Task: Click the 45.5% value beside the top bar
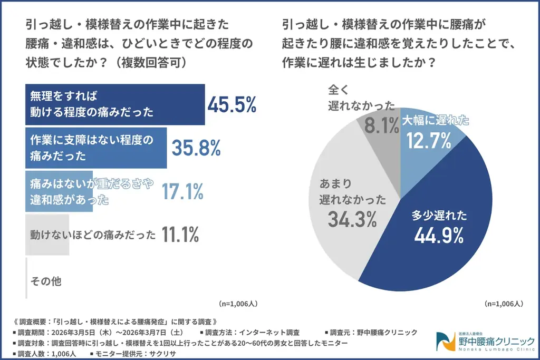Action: click(232, 105)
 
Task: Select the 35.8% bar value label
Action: click(196, 149)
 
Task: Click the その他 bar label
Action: click(46, 281)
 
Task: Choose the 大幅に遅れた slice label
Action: click(436, 121)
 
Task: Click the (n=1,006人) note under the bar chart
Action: click(237, 304)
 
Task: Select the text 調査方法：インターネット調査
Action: click(250, 332)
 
